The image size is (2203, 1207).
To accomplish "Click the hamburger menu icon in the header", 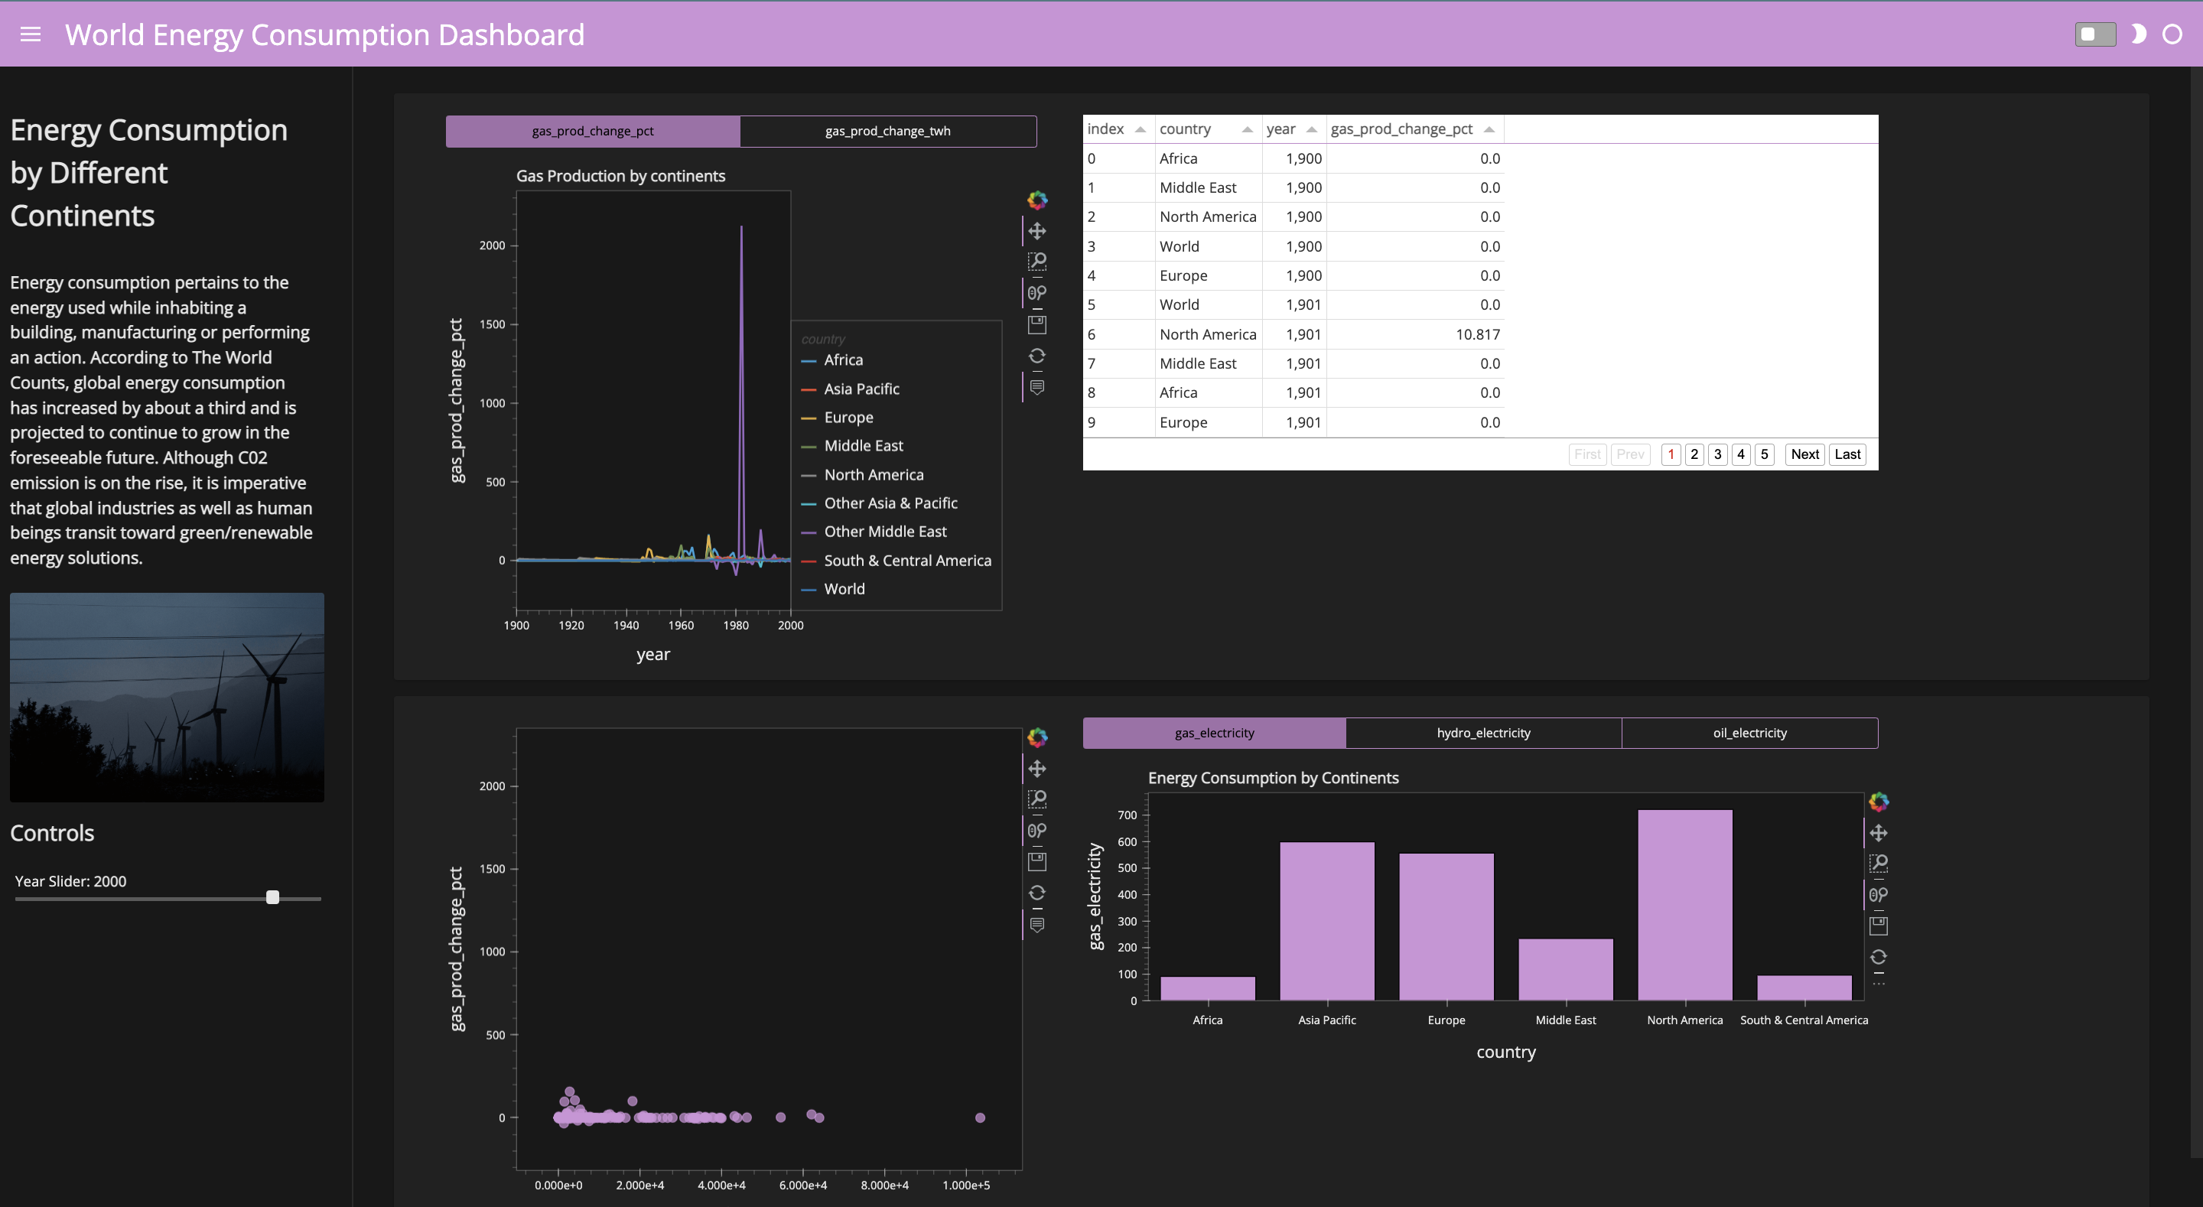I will pos(30,34).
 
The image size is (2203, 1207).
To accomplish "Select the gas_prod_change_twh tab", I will pos(887,131).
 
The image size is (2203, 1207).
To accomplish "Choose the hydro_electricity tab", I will pos(1483,733).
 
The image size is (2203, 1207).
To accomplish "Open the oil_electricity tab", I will pos(1749,733).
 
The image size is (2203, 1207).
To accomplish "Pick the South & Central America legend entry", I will pos(907,561).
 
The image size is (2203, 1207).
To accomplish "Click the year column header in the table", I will pos(1281,129).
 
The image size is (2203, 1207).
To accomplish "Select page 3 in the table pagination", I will pos(1717,454).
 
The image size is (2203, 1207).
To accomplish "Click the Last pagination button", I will pos(1847,454).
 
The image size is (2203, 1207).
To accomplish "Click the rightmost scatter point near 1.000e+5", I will pos(980,1118).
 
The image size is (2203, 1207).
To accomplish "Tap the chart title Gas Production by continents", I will pos(620,176).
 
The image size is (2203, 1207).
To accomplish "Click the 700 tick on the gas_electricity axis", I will pos(1128,815).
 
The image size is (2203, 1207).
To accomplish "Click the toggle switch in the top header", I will pos(2094,34).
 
